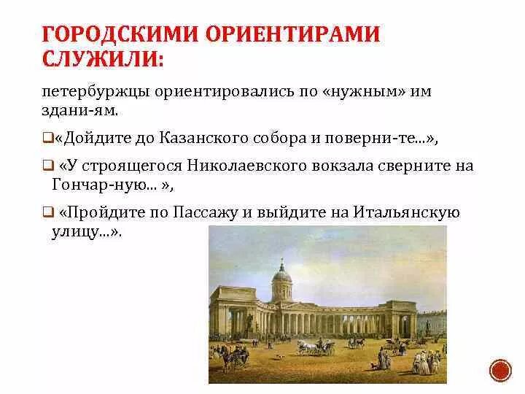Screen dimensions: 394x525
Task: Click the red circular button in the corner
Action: coord(501,370)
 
